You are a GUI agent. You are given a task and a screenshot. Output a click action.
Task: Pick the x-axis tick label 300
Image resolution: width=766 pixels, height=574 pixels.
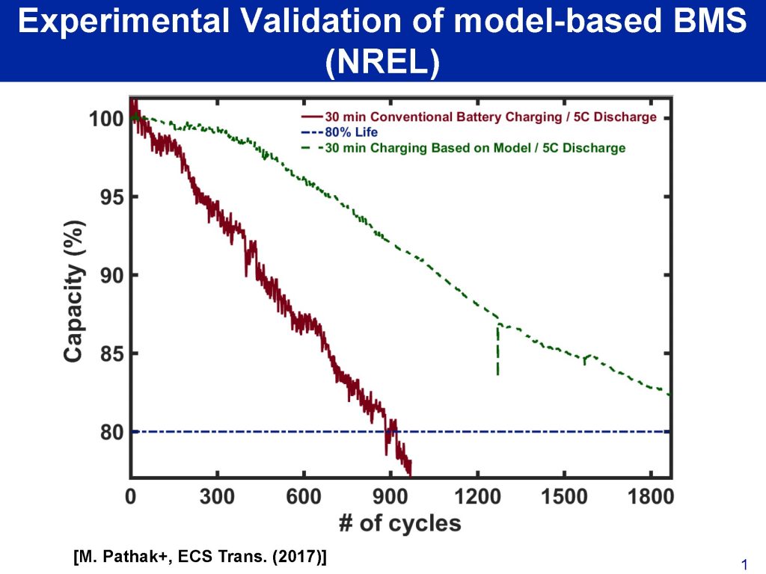click(217, 496)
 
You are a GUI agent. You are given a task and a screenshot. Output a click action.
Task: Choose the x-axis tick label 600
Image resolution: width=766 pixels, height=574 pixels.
click(304, 496)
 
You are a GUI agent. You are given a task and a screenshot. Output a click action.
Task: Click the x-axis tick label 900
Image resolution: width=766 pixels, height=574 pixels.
click(390, 496)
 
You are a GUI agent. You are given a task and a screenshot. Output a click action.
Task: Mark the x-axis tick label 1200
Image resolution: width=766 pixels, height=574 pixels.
click(477, 496)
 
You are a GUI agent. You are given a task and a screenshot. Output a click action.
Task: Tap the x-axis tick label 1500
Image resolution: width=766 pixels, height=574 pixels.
click(564, 496)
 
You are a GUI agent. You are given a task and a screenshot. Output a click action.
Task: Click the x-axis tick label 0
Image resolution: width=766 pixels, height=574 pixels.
click(131, 496)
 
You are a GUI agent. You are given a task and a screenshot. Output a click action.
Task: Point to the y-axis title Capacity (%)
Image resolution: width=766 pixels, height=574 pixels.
click(73, 291)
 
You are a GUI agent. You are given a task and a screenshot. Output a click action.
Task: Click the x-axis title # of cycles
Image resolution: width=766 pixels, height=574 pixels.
click(400, 522)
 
